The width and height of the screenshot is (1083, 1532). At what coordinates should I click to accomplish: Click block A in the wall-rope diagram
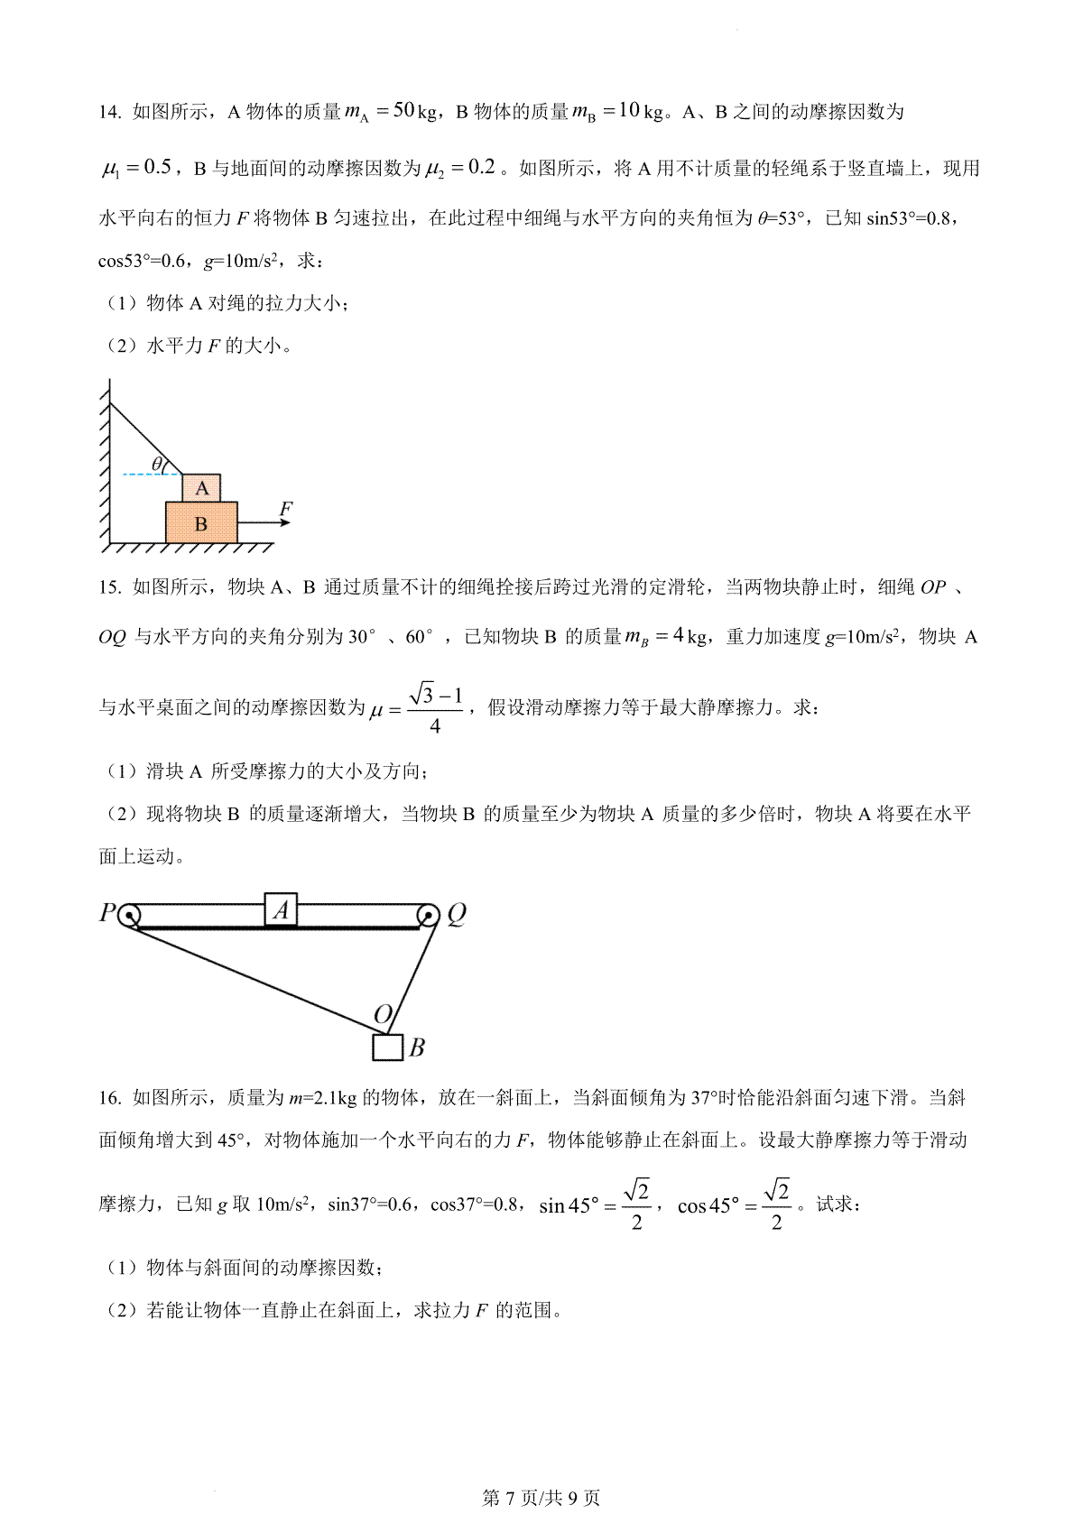(x=201, y=488)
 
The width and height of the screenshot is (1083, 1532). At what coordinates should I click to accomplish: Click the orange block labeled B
(x=201, y=522)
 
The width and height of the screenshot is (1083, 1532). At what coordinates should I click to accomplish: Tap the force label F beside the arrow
(x=286, y=509)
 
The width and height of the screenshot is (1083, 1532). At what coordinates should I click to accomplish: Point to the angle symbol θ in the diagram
(x=157, y=465)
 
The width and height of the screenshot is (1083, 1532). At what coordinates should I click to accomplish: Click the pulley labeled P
(x=128, y=915)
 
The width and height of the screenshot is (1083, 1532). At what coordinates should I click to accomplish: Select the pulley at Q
(x=428, y=916)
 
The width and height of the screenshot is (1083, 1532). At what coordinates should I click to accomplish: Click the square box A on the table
(x=281, y=909)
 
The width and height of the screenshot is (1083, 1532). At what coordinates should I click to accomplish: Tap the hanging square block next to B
(x=387, y=1047)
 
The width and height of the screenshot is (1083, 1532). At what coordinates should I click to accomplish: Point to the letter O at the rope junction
(x=383, y=1015)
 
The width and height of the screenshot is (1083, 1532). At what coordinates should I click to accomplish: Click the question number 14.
(x=109, y=113)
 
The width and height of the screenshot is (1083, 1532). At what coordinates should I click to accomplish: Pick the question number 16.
(x=109, y=1098)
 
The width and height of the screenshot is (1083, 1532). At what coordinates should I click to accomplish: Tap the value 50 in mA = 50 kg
(x=404, y=111)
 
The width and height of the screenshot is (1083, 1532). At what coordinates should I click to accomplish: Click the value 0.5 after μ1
(x=157, y=167)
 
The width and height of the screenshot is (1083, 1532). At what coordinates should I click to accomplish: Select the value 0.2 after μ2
(x=483, y=167)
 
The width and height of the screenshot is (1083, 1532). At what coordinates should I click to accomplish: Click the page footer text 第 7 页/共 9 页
(x=541, y=1499)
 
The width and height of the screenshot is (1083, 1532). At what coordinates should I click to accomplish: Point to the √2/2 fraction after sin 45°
(x=636, y=1205)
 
